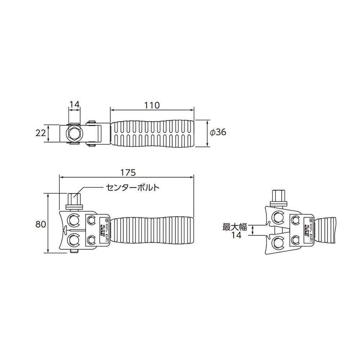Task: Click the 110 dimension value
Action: click(152, 105)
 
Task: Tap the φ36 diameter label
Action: click(218, 132)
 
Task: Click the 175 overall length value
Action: click(128, 172)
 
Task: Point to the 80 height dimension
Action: click(41, 224)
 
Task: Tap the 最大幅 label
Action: click(234, 227)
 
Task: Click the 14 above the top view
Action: click(74, 105)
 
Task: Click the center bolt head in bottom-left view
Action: click(74, 199)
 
